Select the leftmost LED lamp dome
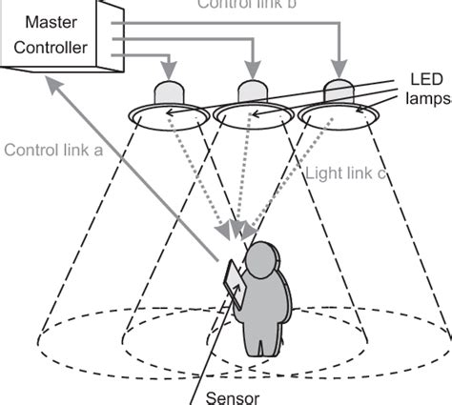[169, 93]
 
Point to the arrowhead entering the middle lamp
[252, 74]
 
